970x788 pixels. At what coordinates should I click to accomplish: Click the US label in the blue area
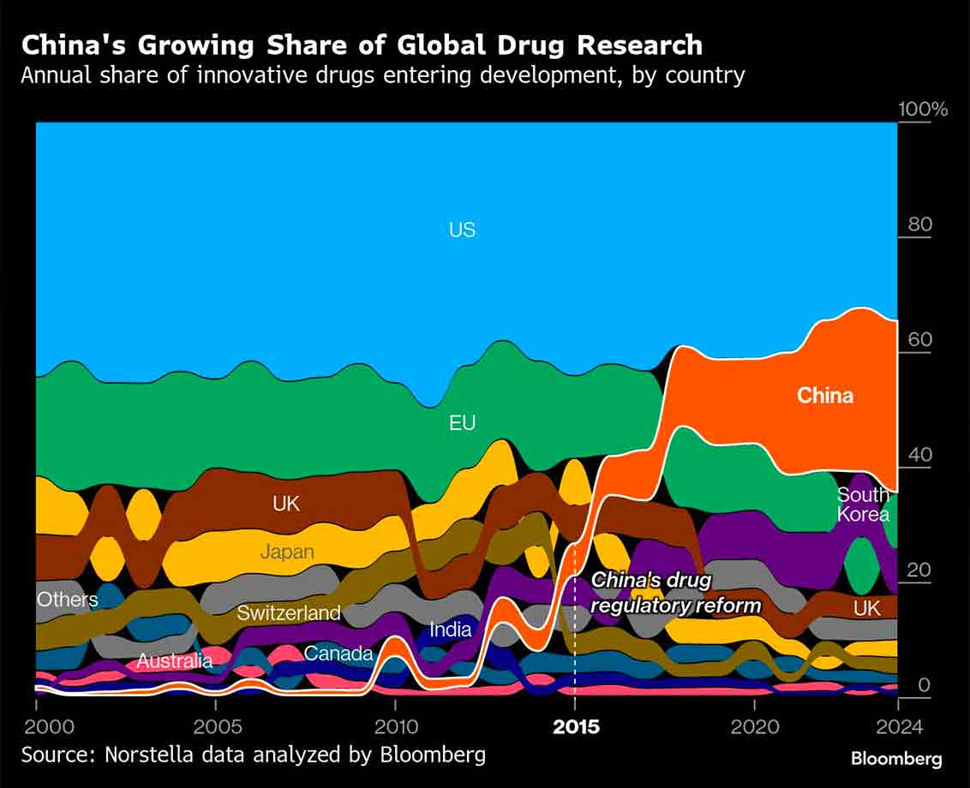[x=462, y=230]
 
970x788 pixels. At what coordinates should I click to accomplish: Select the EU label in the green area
[x=462, y=423]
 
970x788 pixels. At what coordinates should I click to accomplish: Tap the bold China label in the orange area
[x=824, y=396]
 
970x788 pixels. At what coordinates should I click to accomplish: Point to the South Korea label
[x=863, y=504]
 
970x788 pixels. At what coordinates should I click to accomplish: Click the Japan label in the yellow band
[x=287, y=552]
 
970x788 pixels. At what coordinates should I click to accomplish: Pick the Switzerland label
[x=289, y=612]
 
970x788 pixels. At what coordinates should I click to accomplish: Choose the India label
[x=451, y=630]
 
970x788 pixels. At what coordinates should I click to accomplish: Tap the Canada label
[x=338, y=654]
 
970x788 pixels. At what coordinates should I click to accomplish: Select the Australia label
[x=175, y=661]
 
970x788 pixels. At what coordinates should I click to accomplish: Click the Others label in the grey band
[x=67, y=599]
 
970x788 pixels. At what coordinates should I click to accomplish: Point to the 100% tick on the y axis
[x=922, y=110]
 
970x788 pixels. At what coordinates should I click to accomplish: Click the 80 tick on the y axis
[x=919, y=224]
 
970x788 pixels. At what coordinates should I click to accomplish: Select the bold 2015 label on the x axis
[x=576, y=728]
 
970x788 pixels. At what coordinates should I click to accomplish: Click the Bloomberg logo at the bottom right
[x=896, y=759]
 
